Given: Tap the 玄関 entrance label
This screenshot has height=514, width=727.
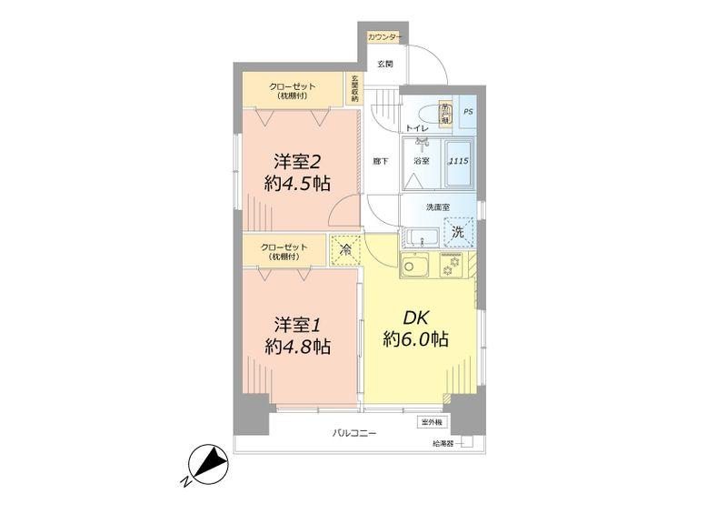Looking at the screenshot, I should tap(385, 65).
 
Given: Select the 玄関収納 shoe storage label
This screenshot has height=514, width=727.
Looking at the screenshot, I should tap(355, 87).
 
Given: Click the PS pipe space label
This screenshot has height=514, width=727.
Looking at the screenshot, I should tap(468, 112).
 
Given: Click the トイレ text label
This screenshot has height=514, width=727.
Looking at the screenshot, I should tap(417, 129).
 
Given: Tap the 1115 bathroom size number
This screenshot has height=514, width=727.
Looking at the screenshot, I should tap(459, 161).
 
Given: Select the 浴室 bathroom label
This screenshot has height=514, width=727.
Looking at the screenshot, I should tap(422, 161).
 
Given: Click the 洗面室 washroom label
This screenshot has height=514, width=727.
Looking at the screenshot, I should tap(438, 207).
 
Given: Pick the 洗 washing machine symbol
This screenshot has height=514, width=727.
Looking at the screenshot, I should tap(458, 232).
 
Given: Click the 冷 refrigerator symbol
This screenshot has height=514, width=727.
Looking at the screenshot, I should tap(346, 248).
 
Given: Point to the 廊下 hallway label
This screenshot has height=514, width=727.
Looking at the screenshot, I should tap(381, 161).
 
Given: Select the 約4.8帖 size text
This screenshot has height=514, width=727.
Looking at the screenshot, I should tap(298, 347).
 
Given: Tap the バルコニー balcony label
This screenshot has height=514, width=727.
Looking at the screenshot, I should tap(354, 433).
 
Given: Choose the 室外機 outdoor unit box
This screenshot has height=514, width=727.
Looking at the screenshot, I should tap(432, 422).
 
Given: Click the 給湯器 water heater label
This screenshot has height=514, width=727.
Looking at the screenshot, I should tap(443, 444).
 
